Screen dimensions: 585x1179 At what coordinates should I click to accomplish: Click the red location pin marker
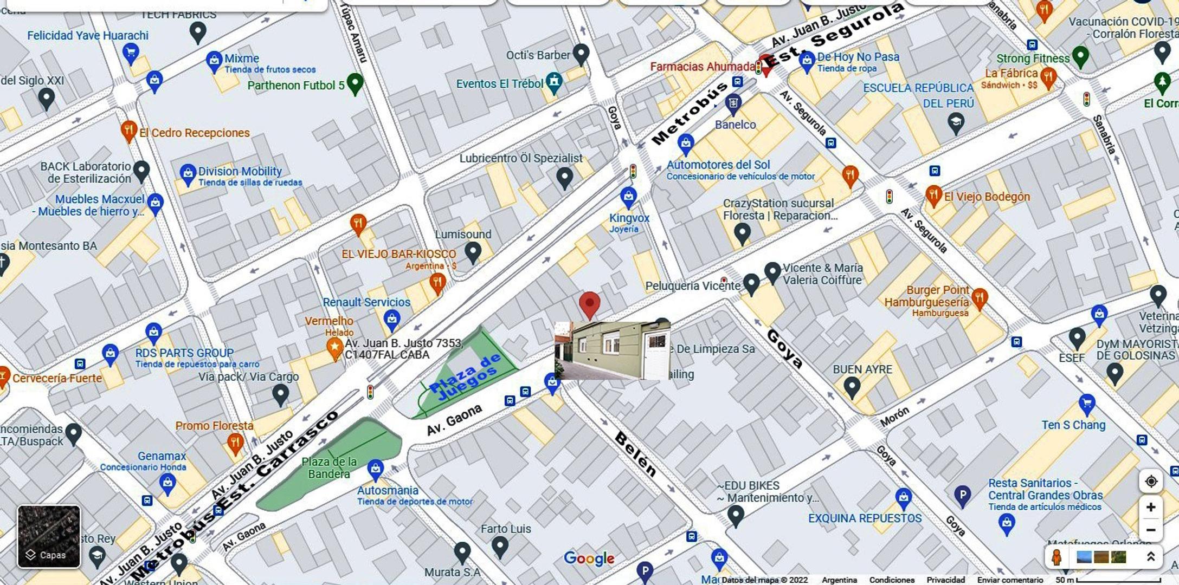click(x=589, y=303)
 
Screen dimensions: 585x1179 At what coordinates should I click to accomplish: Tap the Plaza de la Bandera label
click(x=329, y=468)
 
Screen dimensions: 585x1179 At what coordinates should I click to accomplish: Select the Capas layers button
click(x=49, y=536)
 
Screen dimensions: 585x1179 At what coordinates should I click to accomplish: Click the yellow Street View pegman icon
click(x=1056, y=557)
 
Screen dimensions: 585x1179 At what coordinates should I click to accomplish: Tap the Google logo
click(x=589, y=558)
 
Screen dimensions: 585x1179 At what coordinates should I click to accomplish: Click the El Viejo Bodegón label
click(x=987, y=197)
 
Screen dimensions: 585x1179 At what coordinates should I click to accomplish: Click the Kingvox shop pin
click(x=628, y=197)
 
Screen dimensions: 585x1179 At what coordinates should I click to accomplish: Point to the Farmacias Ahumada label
click(x=703, y=67)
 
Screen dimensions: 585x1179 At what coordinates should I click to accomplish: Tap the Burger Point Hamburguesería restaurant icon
click(x=979, y=297)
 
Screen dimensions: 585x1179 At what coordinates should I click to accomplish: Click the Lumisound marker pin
click(x=473, y=251)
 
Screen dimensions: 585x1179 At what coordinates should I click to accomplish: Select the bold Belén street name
click(x=636, y=454)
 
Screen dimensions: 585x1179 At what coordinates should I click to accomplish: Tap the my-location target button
click(x=1151, y=481)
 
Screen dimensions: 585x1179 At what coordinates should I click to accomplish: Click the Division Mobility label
click(x=240, y=171)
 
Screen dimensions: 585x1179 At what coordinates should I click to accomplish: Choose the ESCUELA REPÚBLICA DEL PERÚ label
click(x=918, y=95)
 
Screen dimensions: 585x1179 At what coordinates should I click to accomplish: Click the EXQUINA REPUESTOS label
click(x=865, y=518)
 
